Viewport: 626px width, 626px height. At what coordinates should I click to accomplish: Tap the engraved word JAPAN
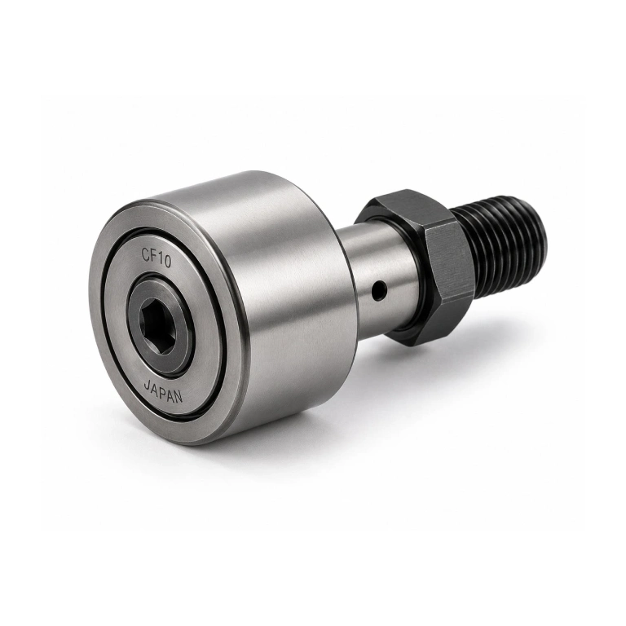tap(162, 391)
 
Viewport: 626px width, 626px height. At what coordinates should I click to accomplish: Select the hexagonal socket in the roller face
tap(158, 326)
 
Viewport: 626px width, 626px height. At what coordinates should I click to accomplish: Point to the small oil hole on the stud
tap(379, 290)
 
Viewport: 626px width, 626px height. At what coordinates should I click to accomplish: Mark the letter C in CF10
tap(147, 254)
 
